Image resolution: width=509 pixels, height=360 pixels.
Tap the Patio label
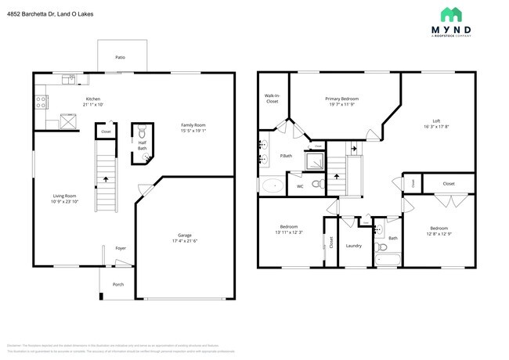pos(120,58)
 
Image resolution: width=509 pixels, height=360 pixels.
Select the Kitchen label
pos(93,99)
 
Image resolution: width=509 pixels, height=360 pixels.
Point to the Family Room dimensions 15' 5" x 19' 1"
pos(193,131)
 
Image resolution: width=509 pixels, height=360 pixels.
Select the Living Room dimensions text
pos(64,201)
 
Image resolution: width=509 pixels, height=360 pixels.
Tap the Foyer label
pos(121,248)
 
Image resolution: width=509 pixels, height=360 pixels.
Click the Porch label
pos(118,284)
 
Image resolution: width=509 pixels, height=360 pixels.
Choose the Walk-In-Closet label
pos(272,99)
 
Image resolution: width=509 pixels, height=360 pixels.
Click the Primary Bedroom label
pos(342,99)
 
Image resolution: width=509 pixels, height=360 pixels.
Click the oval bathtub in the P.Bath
pos(273,186)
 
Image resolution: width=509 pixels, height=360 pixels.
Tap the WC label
pos(299,186)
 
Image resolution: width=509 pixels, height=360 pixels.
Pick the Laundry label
pos(353,246)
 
